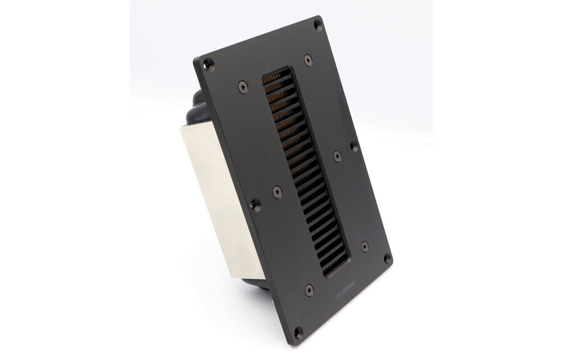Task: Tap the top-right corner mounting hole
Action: pos(318,25)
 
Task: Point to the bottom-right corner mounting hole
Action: pos(387,259)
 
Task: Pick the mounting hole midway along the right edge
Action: pos(353,146)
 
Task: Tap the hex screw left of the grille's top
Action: pos(242,87)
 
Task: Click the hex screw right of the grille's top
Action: pos(307,59)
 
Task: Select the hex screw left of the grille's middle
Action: pos(277,192)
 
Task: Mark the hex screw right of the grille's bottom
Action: pos(364,246)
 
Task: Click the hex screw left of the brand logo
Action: pos(308,290)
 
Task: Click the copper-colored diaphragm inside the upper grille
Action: pos(273,107)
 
